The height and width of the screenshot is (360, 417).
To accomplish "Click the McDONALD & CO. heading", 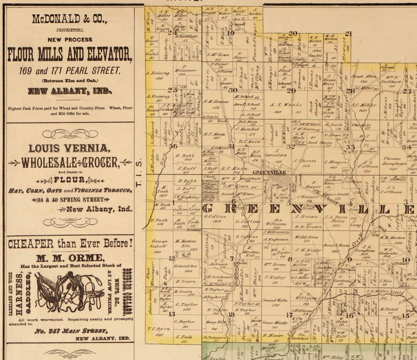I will (x=69, y=19).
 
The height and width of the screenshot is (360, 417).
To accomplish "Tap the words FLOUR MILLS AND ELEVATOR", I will (x=69, y=54).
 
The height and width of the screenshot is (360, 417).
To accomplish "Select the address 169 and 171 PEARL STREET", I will (x=69, y=71).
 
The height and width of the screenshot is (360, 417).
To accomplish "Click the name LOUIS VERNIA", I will (x=69, y=148).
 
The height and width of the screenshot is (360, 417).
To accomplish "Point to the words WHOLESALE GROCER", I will (x=69, y=163).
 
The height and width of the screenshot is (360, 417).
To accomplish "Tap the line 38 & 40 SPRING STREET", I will (x=70, y=200).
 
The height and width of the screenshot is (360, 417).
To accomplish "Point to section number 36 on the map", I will (x=173, y=147).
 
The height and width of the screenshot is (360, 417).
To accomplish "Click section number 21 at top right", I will (x=348, y=34).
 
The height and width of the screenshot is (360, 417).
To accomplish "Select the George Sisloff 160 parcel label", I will (x=159, y=246).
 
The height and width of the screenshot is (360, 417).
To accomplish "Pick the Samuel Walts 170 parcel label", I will (x=274, y=302).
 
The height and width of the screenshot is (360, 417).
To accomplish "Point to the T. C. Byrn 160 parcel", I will (x=159, y=331).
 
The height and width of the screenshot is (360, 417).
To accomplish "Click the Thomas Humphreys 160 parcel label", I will (x=392, y=163).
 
